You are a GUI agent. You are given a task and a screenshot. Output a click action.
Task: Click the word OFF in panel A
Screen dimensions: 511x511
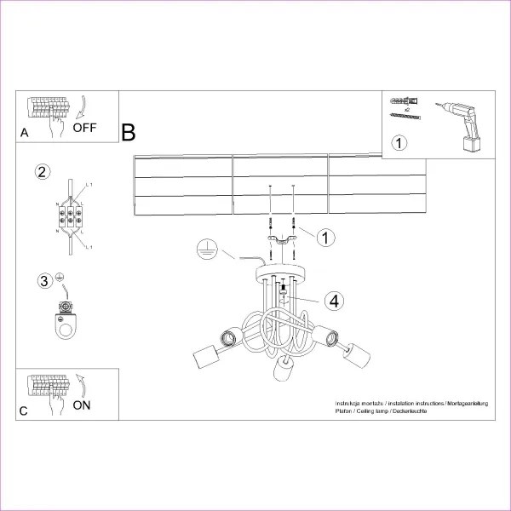(85, 129)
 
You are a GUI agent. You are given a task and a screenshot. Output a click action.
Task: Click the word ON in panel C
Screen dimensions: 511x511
(81, 405)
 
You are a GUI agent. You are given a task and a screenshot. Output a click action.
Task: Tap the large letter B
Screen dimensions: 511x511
(128, 133)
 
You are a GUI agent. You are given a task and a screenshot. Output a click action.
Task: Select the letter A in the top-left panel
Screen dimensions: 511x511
(24, 133)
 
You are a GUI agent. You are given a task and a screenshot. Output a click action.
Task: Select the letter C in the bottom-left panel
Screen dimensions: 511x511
(24, 411)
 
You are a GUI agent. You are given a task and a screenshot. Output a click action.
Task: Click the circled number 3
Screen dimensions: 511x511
(43, 281)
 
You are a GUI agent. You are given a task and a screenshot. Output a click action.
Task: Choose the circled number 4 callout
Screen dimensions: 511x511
(335, 300)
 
